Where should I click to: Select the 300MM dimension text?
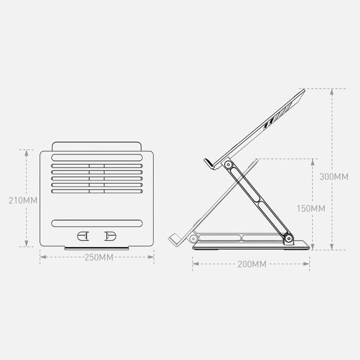(x=333, y=176)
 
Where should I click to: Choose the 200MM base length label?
(x=252, y=264)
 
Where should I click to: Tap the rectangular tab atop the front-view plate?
(x=97, y=147)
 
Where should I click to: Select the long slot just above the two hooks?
(x=97, y=223)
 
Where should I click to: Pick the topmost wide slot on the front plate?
(x=97, y=158)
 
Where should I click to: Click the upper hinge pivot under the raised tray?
(x=228, y=165)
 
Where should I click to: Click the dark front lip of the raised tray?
(x=207, y=163)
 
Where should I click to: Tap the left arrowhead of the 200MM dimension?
(x=194, y=264)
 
